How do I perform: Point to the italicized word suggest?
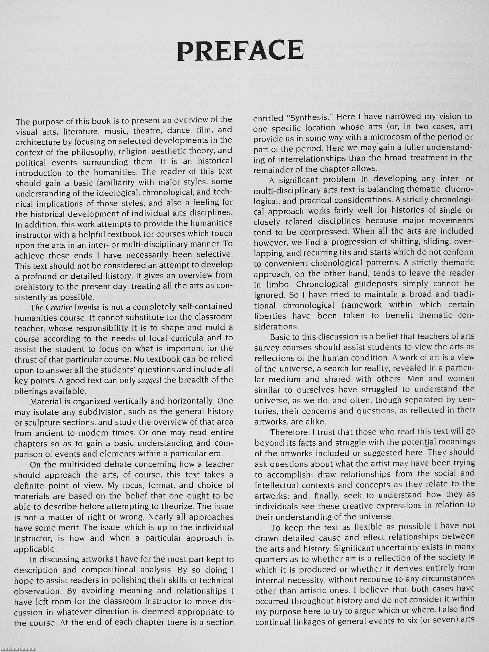[150, 380]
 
